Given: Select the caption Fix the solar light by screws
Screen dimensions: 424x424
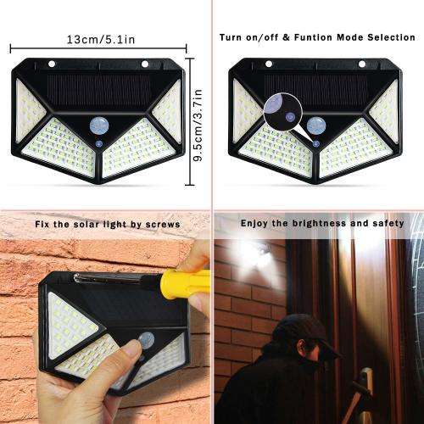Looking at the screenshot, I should pos(107,224).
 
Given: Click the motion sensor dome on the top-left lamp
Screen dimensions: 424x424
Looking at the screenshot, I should pos(98,126).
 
